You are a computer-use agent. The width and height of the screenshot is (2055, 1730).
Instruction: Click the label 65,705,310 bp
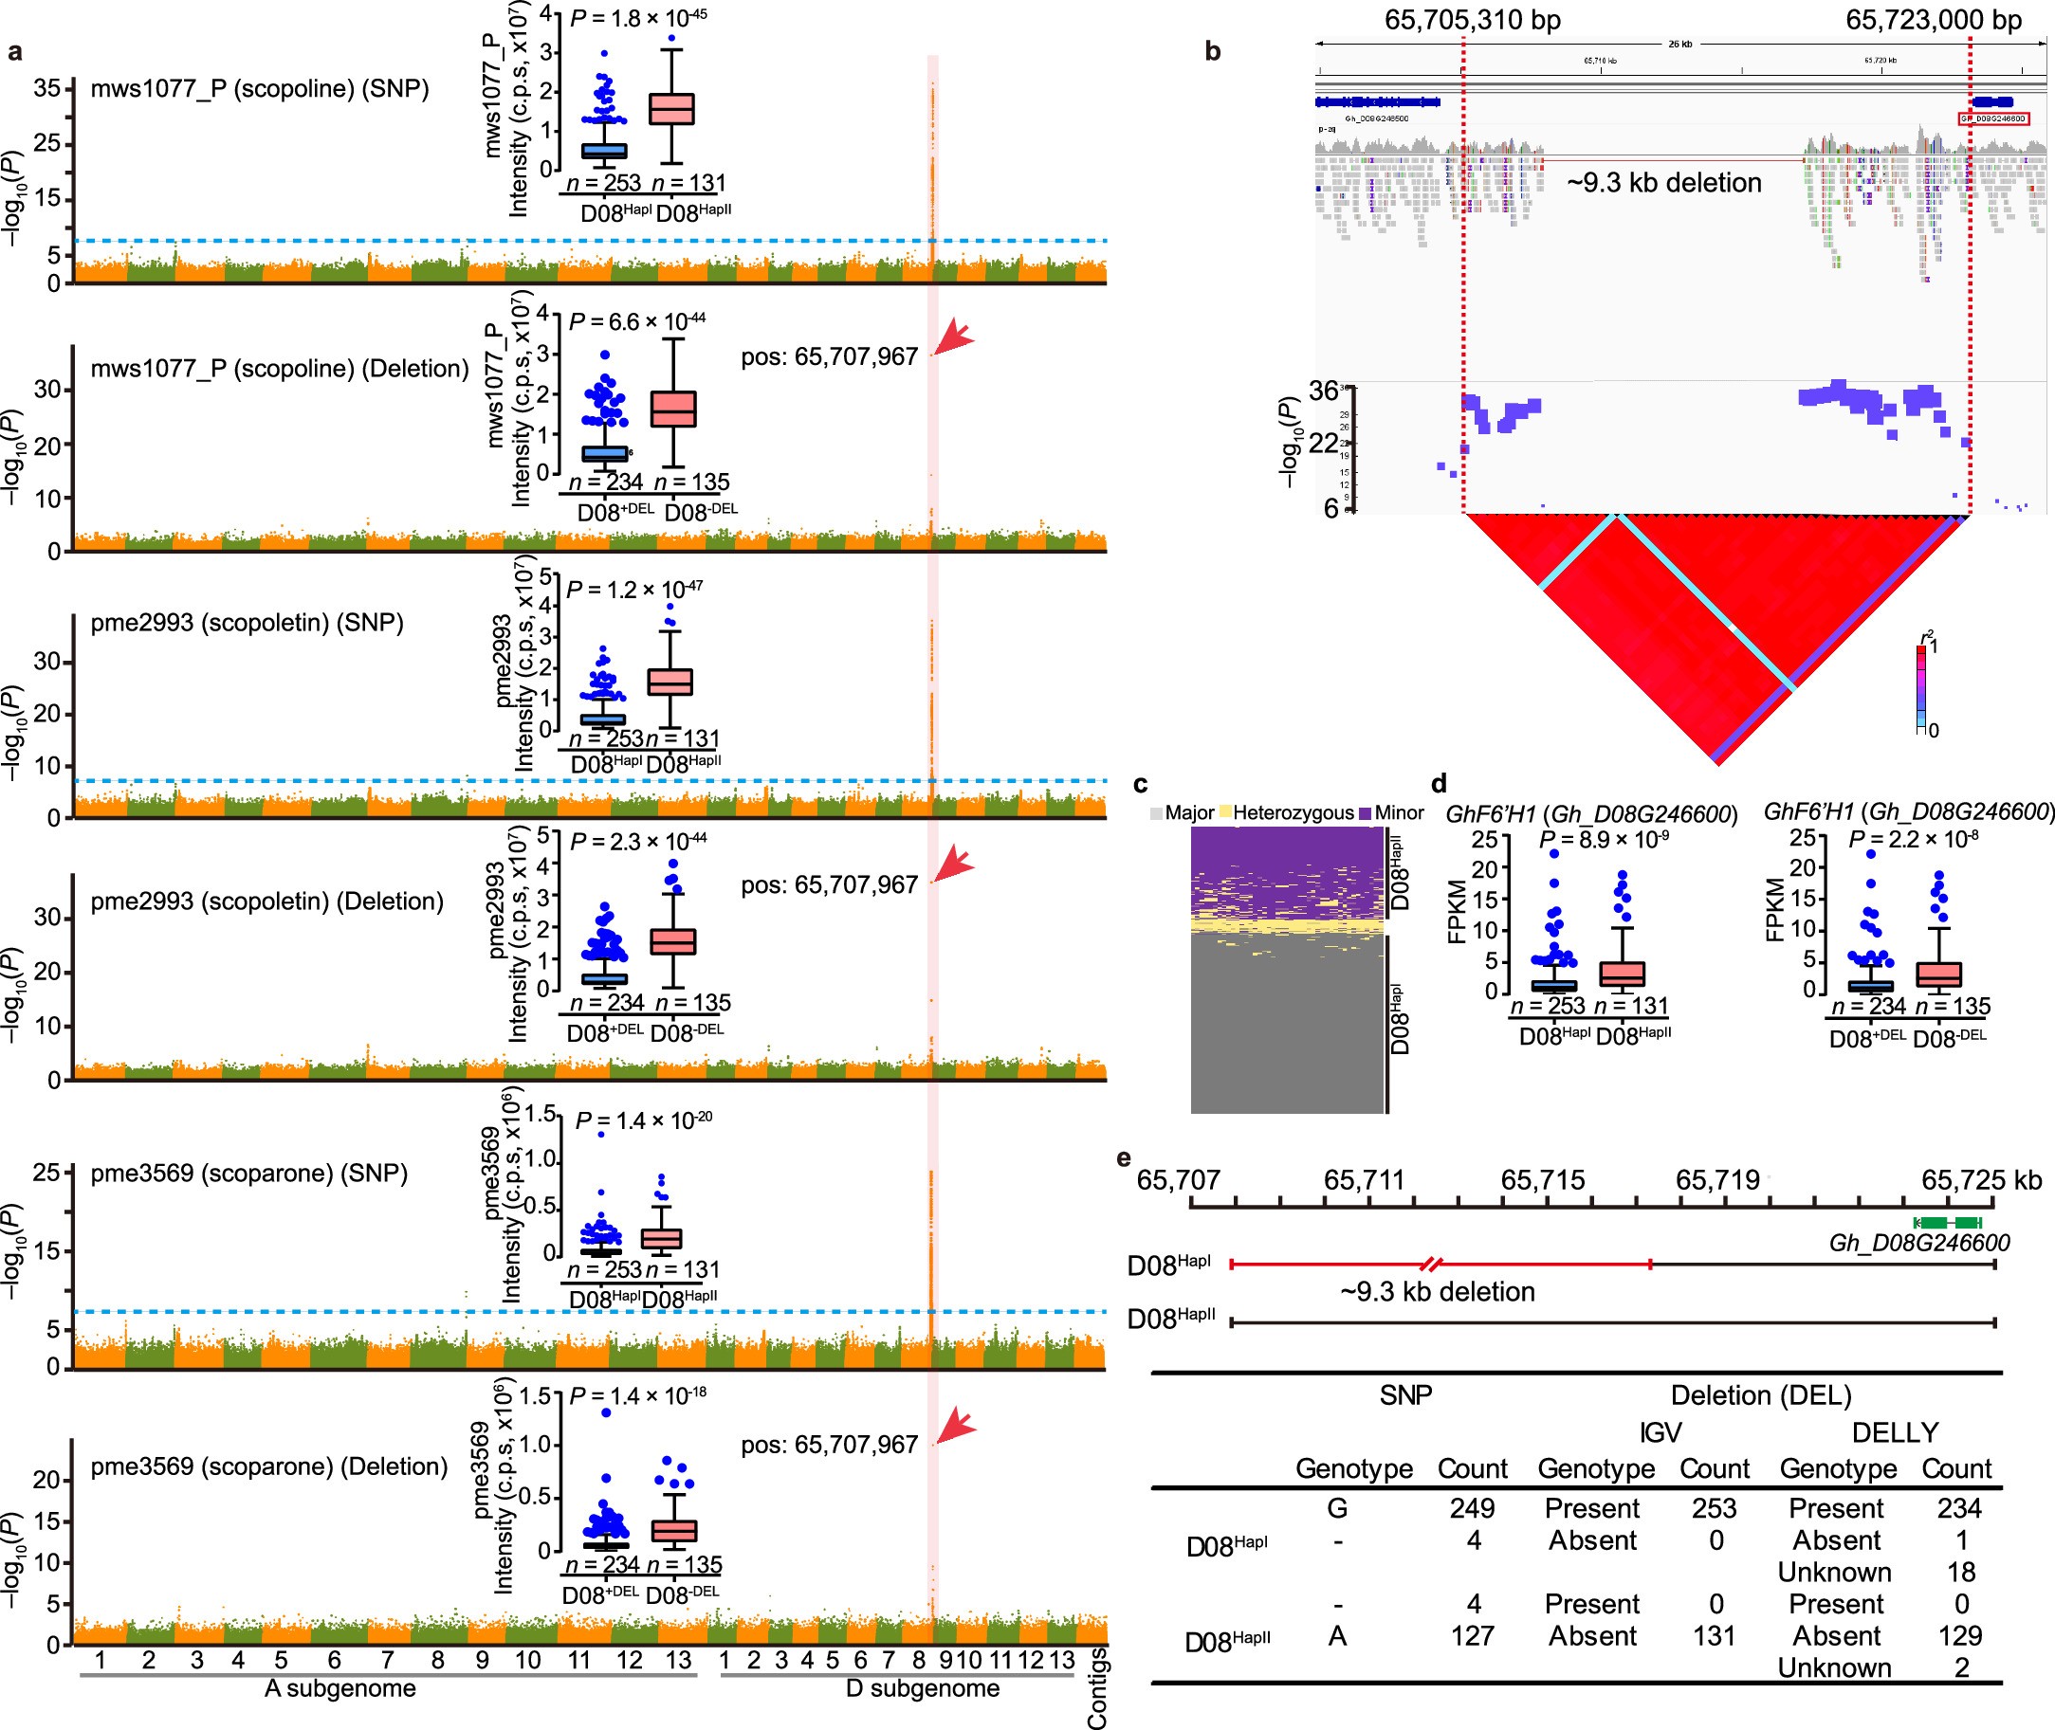(1473, 20)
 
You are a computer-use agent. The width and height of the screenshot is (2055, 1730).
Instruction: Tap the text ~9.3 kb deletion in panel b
(1663, 183)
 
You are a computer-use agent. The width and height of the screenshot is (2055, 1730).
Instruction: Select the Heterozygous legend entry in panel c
(1292, 813)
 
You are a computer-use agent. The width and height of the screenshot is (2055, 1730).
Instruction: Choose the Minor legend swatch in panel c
(1365, 813)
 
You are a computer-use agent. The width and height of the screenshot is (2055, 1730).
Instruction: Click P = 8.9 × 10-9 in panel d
(1603, 840)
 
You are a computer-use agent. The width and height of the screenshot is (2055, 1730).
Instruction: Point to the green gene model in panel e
(1949, 1221)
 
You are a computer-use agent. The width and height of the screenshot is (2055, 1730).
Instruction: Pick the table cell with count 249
(1473, 1508)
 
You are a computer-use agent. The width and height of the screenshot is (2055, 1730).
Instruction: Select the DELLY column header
(1894, 1433)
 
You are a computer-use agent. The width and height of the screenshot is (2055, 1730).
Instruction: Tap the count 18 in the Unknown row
(1960, 1572)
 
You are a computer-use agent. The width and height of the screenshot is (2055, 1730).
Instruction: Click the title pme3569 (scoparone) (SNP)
(249, 1173)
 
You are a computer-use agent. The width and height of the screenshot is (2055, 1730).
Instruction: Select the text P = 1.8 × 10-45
(637, 18)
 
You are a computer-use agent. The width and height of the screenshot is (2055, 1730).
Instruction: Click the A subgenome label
(340, 1689)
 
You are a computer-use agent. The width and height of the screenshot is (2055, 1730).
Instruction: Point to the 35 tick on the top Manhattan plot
(47, 88)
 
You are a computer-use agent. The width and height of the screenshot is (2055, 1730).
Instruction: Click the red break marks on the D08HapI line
(1433, 1265)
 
